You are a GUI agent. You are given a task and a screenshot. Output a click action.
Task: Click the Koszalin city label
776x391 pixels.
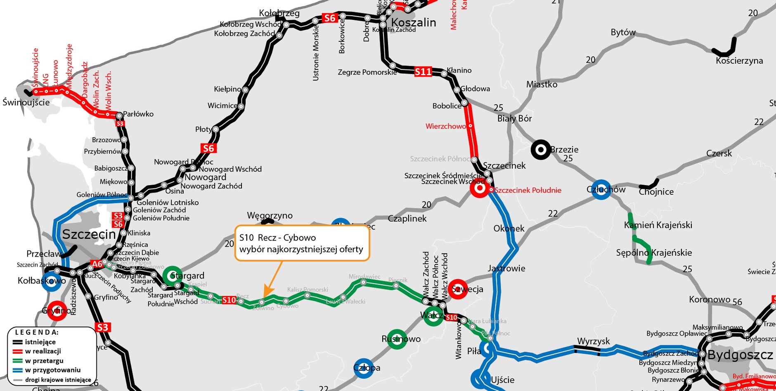413,22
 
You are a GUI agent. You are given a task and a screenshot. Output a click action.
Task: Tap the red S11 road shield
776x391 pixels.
423,72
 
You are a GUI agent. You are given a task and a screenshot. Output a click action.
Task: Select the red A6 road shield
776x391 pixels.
97,264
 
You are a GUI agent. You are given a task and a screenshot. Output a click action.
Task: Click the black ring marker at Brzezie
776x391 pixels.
540,150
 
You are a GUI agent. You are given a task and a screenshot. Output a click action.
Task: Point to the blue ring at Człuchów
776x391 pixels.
601,190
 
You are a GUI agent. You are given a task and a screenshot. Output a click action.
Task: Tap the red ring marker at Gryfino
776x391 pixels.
57,310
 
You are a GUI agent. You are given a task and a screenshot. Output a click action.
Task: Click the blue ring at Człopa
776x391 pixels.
363,368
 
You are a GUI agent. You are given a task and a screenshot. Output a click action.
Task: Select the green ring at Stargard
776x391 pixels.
173,276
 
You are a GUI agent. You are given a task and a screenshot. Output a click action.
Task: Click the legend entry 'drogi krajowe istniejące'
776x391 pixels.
58,380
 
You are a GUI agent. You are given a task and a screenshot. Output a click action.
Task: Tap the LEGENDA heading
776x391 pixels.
37,332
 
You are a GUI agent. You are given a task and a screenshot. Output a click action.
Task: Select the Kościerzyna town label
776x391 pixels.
739,61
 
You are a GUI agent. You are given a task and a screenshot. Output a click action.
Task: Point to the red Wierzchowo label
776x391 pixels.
446,126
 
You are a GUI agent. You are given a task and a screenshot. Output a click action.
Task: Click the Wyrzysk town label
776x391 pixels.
593,341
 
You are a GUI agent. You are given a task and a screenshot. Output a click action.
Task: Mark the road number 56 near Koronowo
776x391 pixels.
737,302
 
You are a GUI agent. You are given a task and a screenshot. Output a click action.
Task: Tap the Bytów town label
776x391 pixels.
623,32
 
